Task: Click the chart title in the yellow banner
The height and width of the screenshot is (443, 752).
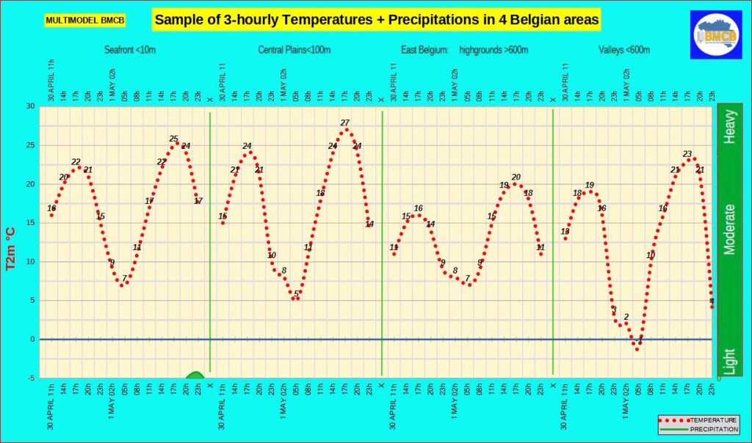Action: click(x=376, y=20)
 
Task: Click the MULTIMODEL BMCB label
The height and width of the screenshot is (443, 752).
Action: click(x=85, y=21)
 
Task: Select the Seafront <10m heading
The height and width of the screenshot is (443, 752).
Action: click(x=131, y=50)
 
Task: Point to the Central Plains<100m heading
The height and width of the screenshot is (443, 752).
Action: click(x=293, y=50)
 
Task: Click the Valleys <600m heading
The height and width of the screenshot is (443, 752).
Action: click(x=624, y=50)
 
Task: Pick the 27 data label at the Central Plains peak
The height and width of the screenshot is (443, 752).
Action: click(x=344, y=122)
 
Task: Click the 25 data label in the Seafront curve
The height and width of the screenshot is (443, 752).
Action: click(x=173, y=139)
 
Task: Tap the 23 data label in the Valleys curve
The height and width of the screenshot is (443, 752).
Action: click(x=687, y=154)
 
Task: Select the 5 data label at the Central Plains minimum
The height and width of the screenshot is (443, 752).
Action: click(x=296, y=294)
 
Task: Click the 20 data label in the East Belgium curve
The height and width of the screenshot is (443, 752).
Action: click(x=516, y=177)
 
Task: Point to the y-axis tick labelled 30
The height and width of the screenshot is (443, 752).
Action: click(x=30, y=106)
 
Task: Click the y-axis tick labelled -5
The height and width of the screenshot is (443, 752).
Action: click(x=30, y=378)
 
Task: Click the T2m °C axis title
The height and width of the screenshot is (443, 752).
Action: click(x=11, y=242)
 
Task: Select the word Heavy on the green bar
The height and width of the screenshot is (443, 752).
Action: click(x=729, y=128)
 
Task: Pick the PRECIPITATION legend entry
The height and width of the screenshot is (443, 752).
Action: click(x=714, y=428)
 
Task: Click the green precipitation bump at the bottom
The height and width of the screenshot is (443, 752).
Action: click(x=195, y=376)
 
